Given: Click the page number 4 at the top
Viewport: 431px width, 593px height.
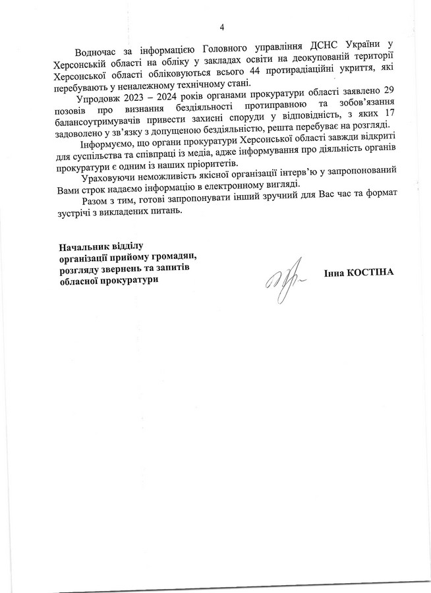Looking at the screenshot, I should tap(221, 27).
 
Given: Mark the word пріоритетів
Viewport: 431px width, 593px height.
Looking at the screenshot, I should tap(206, 164).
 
